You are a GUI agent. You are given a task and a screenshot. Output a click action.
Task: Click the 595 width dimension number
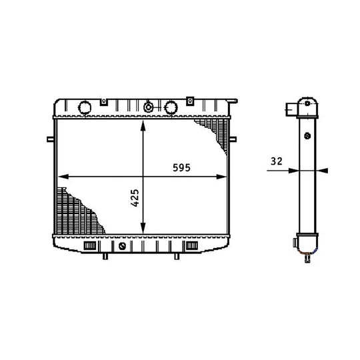181,167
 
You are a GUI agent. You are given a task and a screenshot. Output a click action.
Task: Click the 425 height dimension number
135,198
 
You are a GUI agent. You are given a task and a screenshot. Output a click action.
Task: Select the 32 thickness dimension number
276,161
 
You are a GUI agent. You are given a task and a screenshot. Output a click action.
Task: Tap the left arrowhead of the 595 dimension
63,177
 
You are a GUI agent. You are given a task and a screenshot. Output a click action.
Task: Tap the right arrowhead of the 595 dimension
221,177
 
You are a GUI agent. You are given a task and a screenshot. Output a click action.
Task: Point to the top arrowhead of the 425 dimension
143,126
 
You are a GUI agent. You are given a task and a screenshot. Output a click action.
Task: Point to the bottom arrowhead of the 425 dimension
143,228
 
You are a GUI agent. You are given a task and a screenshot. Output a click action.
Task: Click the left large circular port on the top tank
85,107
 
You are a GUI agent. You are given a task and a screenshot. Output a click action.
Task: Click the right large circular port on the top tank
171,107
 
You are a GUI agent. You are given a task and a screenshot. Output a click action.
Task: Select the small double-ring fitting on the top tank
149,107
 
